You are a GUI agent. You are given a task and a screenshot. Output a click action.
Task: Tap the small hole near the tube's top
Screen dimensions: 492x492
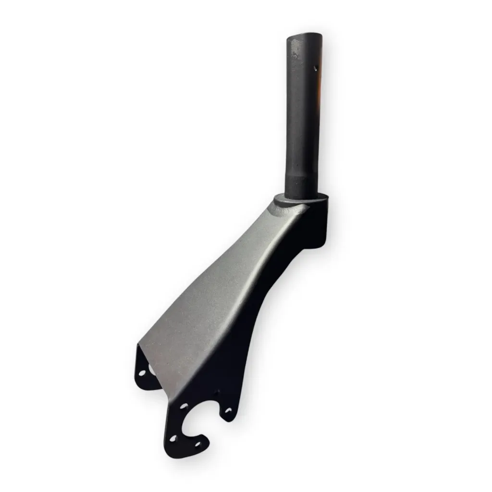click(x=316, y=68)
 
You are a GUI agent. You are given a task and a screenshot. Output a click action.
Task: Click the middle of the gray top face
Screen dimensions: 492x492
click(x=226, y=293)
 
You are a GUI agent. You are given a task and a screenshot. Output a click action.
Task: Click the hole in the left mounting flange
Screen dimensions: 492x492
click(x=142, y=372)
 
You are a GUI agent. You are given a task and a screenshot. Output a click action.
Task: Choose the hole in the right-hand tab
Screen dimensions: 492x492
click(x=228, y=411)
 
